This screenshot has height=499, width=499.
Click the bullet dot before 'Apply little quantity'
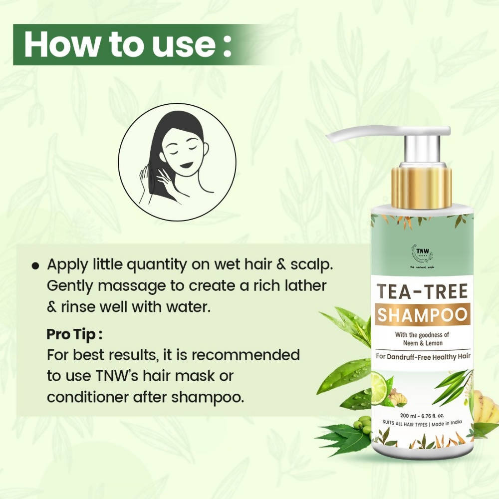pyautogui.click(x=35, y=266)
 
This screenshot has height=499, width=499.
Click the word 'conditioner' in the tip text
pyautogui.click(x=94, y=398)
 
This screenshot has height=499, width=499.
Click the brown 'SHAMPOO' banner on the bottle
pyautogui.click(x=422, y=315)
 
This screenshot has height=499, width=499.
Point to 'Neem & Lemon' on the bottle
pyautogui.click(x=422, y=343)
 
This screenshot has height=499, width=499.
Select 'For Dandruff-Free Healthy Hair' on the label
pyautogui.click(x=422, y=356)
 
